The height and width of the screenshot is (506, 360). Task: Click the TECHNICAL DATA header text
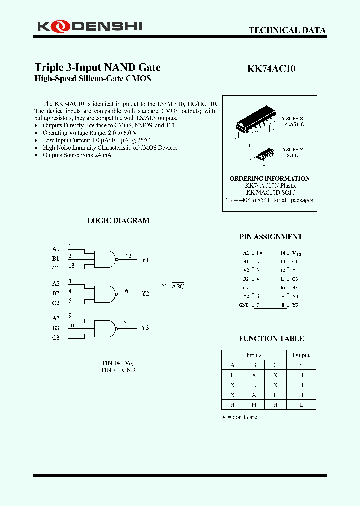click(287, 30)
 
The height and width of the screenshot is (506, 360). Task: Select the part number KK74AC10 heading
click(271, 69)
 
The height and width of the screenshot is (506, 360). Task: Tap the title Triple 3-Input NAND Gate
click(97, 67)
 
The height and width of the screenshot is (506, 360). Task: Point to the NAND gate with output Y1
click(105, 259)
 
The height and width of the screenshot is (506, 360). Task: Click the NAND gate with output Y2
click(105, 293)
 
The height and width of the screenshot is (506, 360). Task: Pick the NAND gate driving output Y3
click(105, 328)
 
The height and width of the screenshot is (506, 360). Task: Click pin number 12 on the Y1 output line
click(129, 256)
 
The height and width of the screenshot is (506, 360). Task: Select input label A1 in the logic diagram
click(55, 249)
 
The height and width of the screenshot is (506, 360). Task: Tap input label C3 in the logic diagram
click(55, 337)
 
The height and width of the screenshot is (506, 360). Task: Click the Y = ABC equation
click(173, 286)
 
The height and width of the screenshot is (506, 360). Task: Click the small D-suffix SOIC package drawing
click(263, 154)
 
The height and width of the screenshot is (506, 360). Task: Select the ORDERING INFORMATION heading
click(269, 178)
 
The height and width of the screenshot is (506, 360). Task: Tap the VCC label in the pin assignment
click(297, 253)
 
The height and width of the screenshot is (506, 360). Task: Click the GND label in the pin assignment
click(244, 305)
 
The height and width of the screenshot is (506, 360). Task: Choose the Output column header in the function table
click(301, 355)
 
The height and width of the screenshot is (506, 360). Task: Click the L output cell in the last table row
click(301, 404)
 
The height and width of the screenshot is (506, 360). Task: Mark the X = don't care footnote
click(239, 417)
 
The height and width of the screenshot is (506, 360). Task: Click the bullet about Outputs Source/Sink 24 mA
click(77, 155)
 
